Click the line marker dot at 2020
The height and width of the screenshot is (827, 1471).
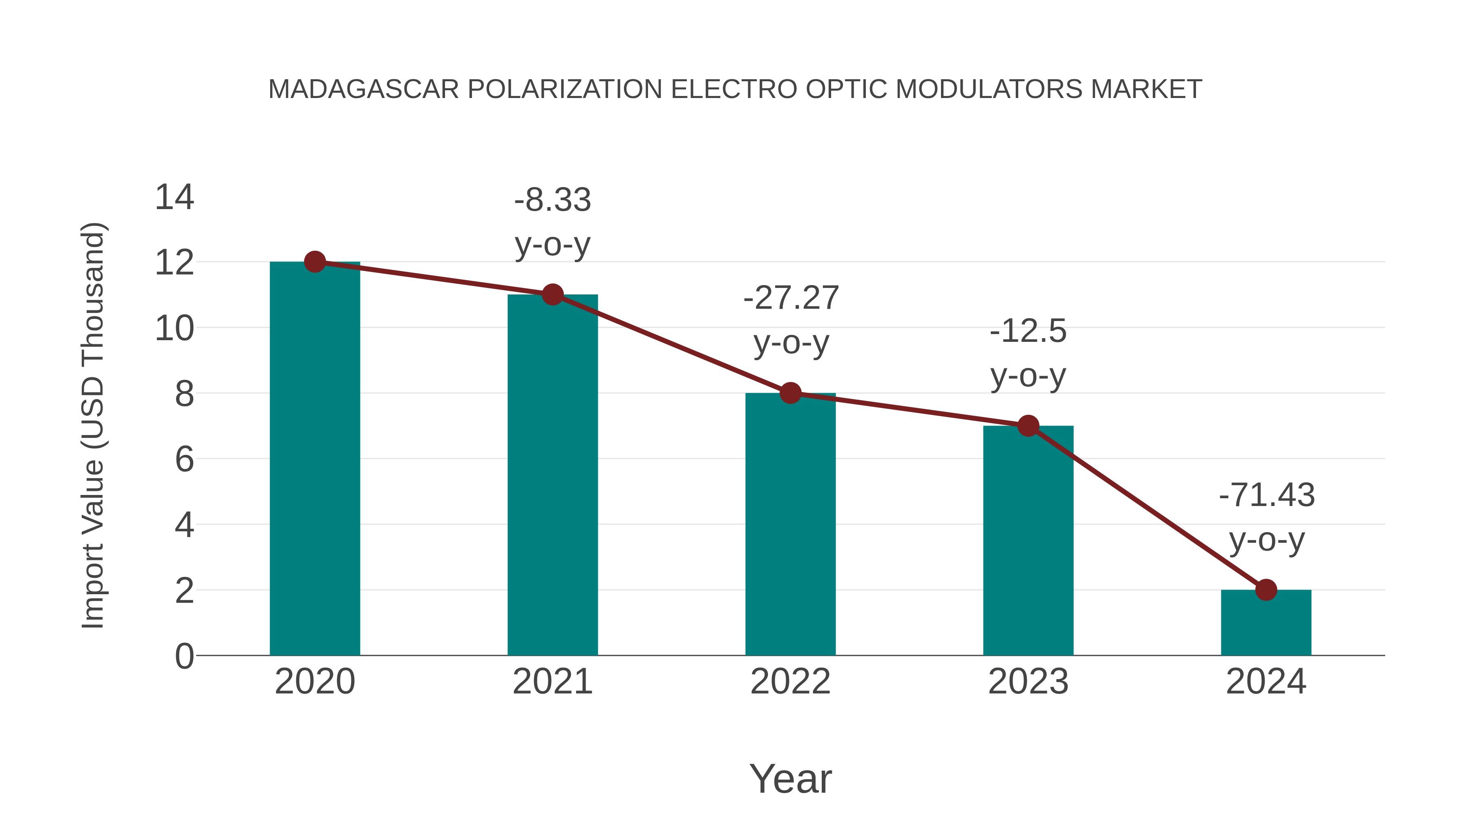tap(315, 262)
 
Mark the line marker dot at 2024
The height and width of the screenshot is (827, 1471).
tap(1266, 590)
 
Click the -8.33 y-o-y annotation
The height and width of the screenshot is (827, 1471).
tap(552, 222)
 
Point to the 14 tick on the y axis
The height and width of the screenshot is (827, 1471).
tap(174, 198)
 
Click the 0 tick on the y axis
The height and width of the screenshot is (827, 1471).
tap(184, 656)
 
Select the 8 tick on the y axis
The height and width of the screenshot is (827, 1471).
tap(184, 394)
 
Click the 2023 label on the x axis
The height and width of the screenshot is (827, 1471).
tap(1028, 682)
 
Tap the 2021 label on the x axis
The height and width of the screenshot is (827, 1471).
tap(552, 682)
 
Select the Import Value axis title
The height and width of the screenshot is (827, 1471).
tap(92, 425)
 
